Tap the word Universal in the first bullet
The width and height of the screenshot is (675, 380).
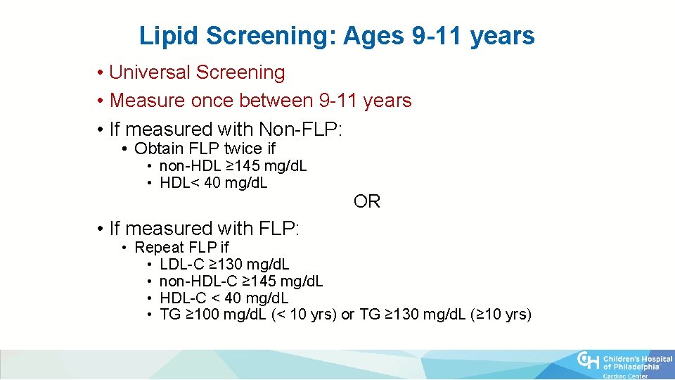[150, 72]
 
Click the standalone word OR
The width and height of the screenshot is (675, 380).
[367, 202]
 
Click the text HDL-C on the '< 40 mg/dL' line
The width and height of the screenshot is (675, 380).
[181, 298]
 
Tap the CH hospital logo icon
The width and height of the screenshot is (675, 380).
[589, 360]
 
